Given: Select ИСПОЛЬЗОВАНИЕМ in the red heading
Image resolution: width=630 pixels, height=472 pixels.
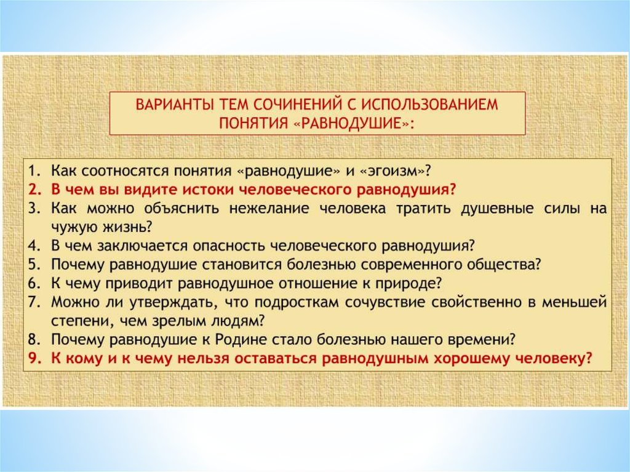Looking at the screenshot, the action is (429, 105).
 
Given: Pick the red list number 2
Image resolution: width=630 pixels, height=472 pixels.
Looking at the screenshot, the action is (35, 190).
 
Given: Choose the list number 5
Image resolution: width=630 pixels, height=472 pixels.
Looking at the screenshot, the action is (35, 265).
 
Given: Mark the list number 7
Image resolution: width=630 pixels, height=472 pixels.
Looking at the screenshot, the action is (35, 302).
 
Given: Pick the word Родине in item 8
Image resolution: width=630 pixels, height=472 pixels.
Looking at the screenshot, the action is (241, 340).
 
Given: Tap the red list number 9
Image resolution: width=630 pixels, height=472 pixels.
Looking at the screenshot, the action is (35, 359).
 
